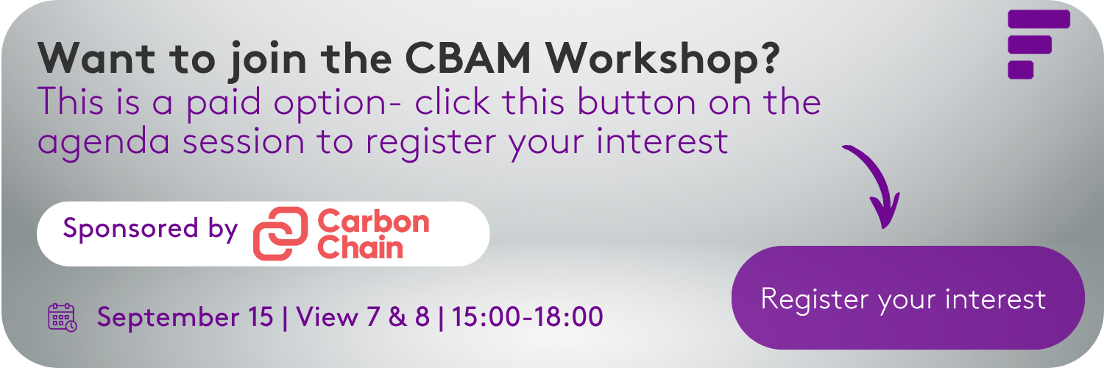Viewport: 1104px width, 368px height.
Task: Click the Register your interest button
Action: (907, 297)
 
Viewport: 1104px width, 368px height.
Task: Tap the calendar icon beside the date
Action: (62, 317)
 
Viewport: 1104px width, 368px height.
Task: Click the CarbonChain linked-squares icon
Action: (280, 233)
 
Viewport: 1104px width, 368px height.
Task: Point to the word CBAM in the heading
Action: (467, 59)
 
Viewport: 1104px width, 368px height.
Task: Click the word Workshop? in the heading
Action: (663, 60)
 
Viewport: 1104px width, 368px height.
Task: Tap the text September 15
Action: (185, 316)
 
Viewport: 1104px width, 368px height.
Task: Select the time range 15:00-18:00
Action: (528, 316)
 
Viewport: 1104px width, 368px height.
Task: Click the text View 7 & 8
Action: (363, 316)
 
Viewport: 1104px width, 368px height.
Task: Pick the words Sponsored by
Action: (150, 229)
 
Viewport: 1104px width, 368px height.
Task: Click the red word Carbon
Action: (373, 222)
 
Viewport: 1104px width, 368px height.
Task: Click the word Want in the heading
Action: (96, 59)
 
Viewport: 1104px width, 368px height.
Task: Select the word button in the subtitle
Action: (637, 102)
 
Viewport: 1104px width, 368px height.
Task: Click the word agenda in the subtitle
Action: (104, 143)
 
